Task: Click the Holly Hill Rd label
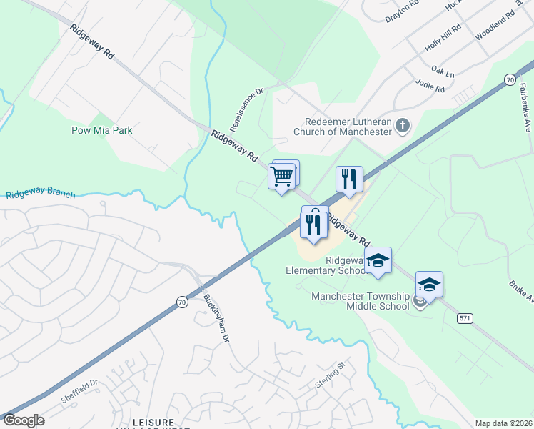tap(443, 36)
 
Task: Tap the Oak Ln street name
tap(443, 73)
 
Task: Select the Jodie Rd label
tap(430, 88)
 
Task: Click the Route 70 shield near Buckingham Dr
tap(182, 302)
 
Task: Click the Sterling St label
tap(331, 375)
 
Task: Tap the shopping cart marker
tap(281, 175)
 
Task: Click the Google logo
tap(24, 420)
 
